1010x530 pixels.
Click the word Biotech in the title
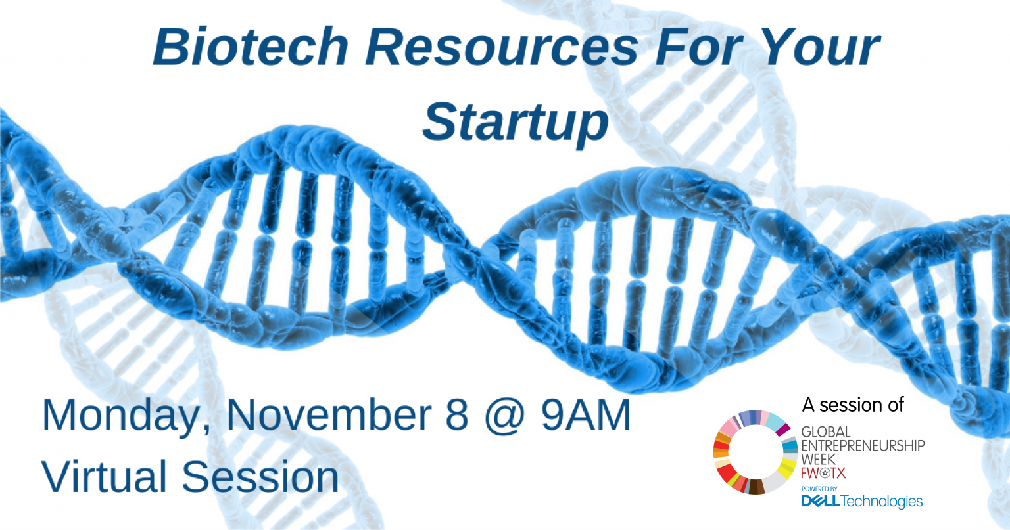(x=251, y=47)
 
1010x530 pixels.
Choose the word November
(x=329, y=415)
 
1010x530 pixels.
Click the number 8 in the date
(x=457, y=415)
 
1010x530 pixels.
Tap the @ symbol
(x=505, y=416)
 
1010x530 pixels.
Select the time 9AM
(x=585, y=415)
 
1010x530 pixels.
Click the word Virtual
(x=105, y=476)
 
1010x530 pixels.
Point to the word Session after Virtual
(x=260, y=476)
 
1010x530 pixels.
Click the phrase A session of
(x=853, y=405)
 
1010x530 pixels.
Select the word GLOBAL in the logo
(x=826, y=432)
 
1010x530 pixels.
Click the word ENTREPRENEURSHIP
(x=863, y=446)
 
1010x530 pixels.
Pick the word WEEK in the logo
(x=819, y=460)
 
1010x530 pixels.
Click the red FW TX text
(x=823, y=474)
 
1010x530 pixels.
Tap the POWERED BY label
(x=819, y=489)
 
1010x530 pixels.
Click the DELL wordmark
(x=820, y=501)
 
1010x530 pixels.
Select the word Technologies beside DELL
(x=882, y=502)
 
